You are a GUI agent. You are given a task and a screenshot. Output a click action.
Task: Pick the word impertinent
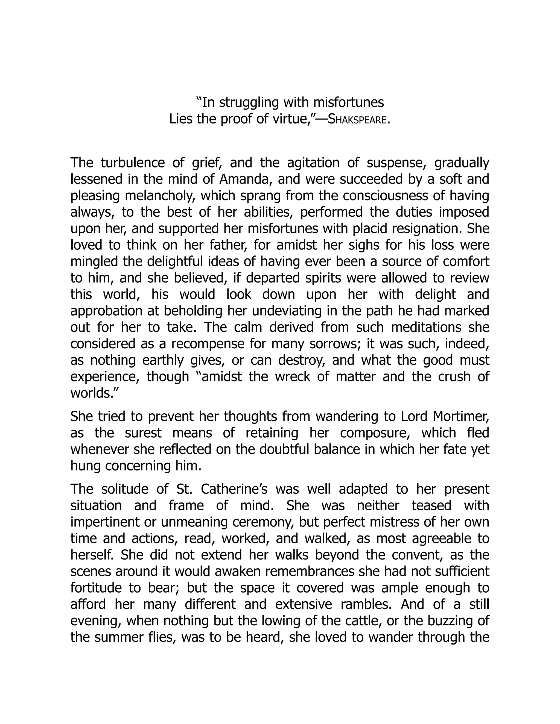(105, 522)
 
